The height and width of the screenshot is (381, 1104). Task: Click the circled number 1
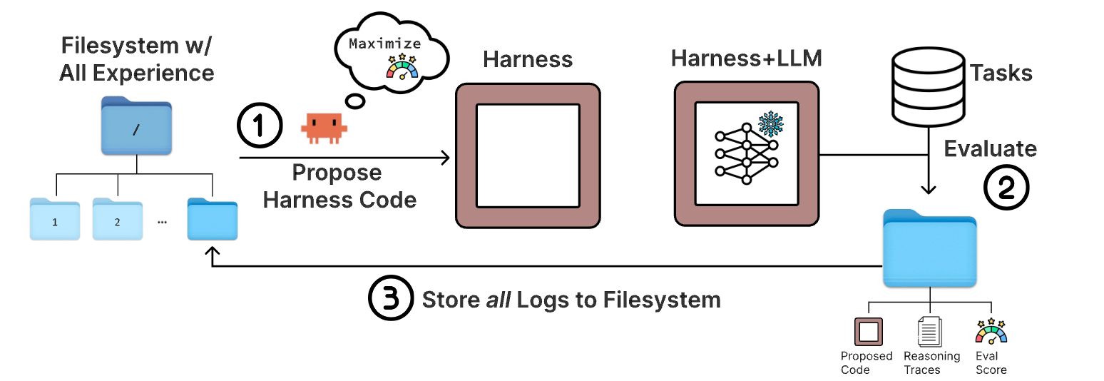click(260, 125)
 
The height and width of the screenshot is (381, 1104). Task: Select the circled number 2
click(1006, 188)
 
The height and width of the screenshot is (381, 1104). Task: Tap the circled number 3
click(391, 298)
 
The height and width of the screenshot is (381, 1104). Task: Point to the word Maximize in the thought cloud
click(385, 44)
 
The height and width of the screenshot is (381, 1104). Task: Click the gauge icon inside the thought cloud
click(402, 67)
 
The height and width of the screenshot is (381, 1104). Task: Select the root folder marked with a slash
click(136, 126)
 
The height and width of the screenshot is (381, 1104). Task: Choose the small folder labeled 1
click(55, 219)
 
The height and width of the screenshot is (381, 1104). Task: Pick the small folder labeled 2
click(117, 219)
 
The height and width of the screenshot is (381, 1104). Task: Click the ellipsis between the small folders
click(162, 223)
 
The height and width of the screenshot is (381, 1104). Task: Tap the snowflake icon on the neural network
click(771, 123)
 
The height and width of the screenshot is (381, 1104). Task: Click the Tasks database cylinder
click(928, 87)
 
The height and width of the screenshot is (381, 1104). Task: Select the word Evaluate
click(990, 148)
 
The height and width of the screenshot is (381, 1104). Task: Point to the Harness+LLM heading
click(746, 59)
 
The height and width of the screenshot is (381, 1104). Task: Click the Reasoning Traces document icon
click(929, 331)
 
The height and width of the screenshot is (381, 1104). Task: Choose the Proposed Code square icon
click(869, 331)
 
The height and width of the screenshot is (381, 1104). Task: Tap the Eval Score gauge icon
click(991, 331)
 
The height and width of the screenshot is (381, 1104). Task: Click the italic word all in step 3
click(499, 300)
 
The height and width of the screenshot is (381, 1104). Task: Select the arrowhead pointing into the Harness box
click(446, 158)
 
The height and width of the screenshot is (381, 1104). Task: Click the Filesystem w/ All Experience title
click(136, 59)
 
